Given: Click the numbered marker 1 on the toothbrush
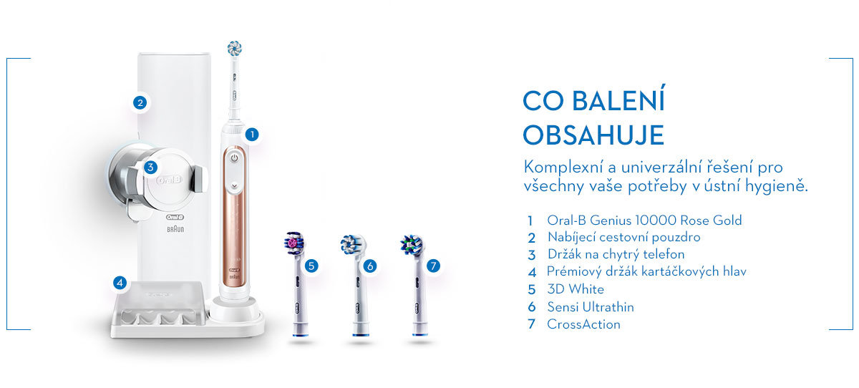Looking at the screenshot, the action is pos(252,135).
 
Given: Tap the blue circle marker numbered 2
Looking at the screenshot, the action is pos(140,103).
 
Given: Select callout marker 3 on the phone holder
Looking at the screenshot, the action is pos(150,168).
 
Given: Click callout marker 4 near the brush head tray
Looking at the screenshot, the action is pos(120,283).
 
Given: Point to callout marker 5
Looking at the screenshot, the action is pos(311,266).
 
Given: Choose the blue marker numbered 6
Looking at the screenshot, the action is pos(369,266).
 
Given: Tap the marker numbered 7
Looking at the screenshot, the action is pos(433,266).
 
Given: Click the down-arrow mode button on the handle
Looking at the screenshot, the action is pos(234,186).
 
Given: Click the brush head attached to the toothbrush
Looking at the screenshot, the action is pos(234,49).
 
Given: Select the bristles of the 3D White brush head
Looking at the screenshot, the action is pos(294,242).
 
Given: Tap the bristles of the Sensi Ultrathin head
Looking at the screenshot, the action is pos(351,244).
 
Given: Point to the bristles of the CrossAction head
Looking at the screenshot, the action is pos(412,245).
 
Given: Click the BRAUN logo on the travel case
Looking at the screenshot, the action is pos(175,229).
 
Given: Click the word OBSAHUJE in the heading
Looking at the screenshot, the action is pos(593,135).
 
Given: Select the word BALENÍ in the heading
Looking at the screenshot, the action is pos(618,100).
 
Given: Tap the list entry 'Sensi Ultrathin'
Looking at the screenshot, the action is pos(591,307).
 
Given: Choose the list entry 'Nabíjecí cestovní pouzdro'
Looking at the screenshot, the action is pos(624,238).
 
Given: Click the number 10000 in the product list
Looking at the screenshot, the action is pos(656,220).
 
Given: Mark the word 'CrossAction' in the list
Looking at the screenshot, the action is pos(583,324).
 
